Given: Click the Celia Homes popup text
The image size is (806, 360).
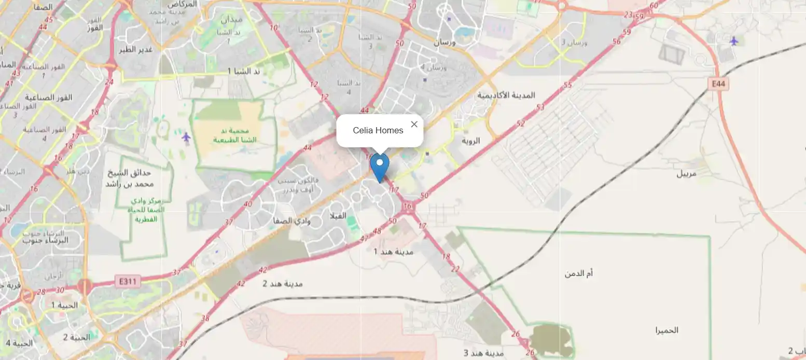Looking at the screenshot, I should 378,130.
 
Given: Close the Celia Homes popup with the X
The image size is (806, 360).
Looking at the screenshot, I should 414,124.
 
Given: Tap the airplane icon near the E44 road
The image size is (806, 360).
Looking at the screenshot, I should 733,40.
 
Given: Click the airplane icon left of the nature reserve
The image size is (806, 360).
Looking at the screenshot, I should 186,137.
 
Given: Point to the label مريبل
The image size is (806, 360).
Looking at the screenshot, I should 693,173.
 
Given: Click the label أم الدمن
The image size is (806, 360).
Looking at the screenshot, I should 578,273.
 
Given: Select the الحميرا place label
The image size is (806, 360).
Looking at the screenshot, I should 666,330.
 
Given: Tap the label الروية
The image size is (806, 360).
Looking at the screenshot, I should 471,141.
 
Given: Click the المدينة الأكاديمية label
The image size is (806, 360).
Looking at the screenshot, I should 506,95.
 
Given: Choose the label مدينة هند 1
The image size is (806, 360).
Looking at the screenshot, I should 394,252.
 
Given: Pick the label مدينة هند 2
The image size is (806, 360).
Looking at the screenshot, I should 282,284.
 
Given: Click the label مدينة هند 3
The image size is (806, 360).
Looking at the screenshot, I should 483,353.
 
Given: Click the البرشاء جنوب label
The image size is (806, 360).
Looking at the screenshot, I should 46,241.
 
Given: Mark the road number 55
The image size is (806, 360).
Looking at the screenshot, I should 567,85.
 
